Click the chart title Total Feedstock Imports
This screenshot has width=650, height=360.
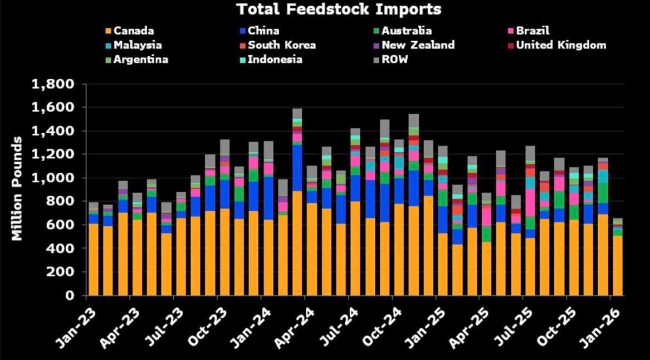click(339, 9)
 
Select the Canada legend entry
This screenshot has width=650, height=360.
click(133, 31)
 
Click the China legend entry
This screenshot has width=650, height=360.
click(263, 31)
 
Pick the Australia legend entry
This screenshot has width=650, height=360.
click(406, 31)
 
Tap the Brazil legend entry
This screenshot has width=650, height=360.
click(532, 31)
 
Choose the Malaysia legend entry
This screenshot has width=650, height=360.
click(138, 45)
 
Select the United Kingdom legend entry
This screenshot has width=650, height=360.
click(560, 45)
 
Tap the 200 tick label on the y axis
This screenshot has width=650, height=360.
click(62, 272)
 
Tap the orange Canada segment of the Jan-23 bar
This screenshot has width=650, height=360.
click(93, 259)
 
